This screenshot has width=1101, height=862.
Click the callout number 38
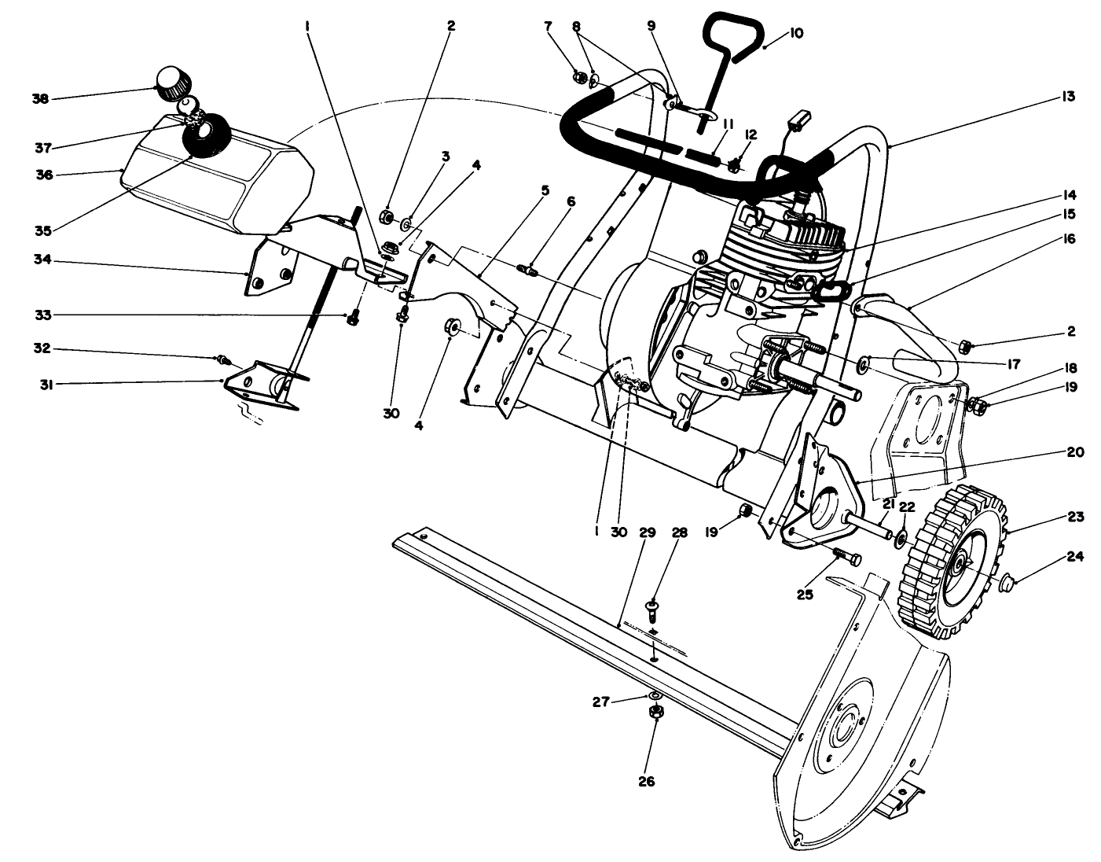pos(40,99)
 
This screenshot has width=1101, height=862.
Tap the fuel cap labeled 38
pos(168,83)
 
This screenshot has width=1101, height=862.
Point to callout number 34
pos(42,260)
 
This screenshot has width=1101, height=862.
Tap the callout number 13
pos(1066,97)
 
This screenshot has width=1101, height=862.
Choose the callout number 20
pos(1075,452)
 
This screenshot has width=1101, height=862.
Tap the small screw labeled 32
pos(224,360)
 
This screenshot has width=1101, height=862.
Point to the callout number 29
pos(647,532)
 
